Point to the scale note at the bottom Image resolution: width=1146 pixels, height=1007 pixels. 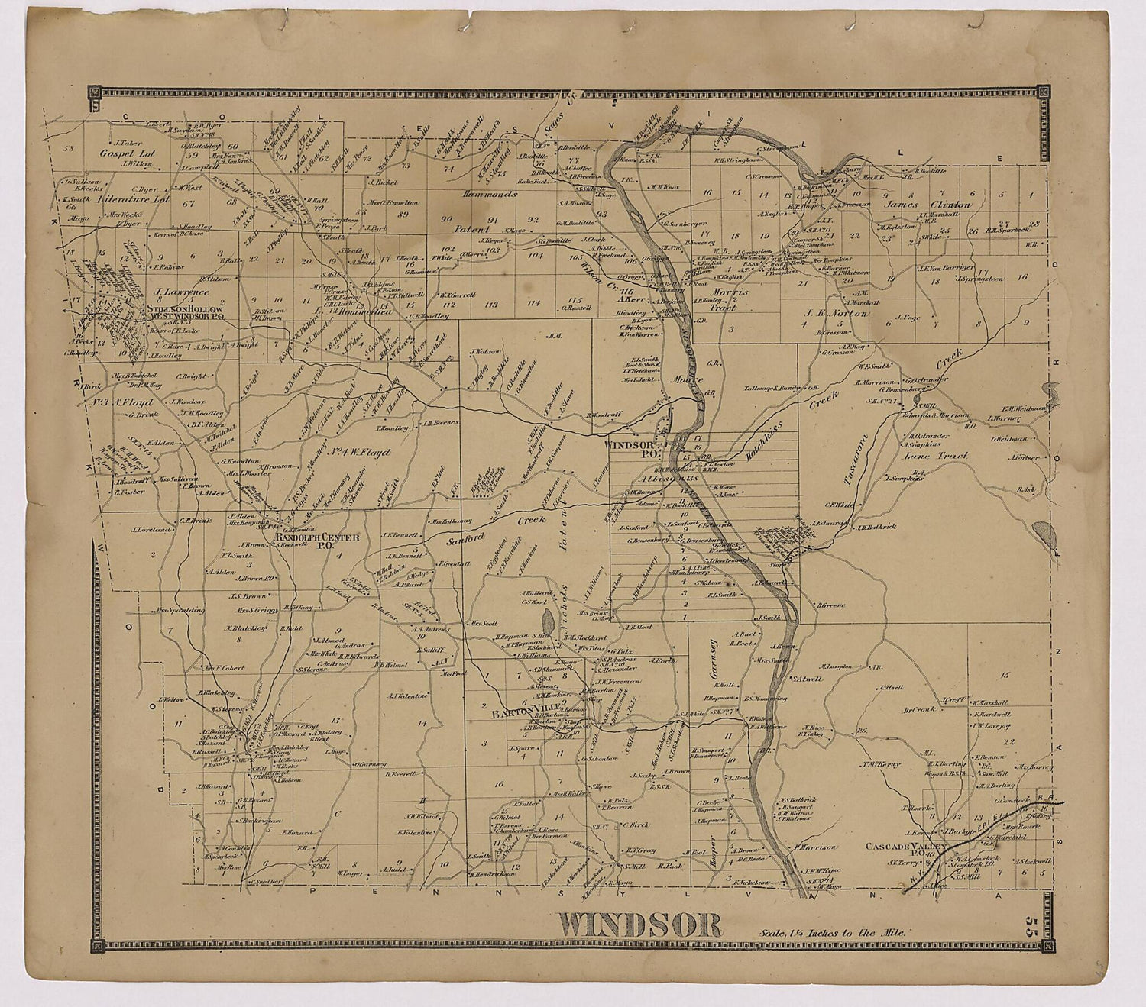pyautogui.click(x=833, y=932)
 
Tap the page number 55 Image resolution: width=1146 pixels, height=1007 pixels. pyautogui.click(x=1033, y=926)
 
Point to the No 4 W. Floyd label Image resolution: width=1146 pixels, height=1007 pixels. pyautogui.click(x=359, y=452)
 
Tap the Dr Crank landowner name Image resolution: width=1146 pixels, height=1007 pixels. pyautogui.click(x=919, y=709)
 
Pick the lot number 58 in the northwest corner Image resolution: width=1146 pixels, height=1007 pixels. pyautogui.click(x=70, y=148)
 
